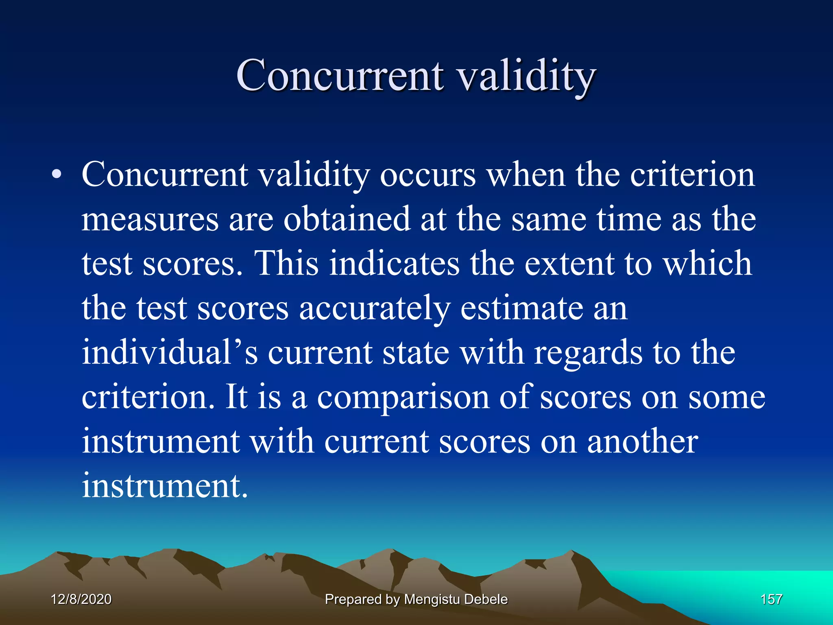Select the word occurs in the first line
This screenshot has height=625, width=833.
(x=427, y=175)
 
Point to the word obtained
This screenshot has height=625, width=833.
(x=347, y=219)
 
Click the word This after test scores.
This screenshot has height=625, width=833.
(x=286, y=264)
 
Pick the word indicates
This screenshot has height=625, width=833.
(x=394, y=264)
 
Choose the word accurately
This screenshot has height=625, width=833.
(x=375, y=308)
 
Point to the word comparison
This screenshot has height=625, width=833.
(x=403, y=397)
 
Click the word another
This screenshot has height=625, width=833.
(x=642, y=441)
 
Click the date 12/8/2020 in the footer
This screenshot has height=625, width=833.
(x=81, y=599)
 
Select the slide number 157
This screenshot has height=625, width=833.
(x=771, y=599)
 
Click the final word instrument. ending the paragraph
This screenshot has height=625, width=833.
(x=164, y=486)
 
